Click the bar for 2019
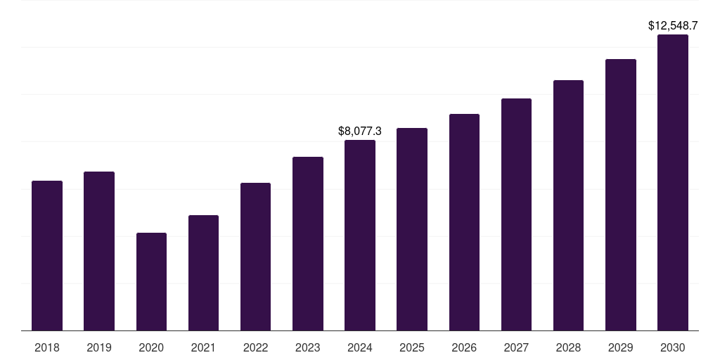coord(99,251)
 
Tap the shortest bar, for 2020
coord(151,281)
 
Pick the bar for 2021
coord(203,273)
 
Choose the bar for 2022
coord(255,257)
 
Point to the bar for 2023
coord(308,243)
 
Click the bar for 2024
coord(360,235)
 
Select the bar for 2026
coord(464,222)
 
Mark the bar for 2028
coord(568,205)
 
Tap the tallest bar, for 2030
coord(673,182)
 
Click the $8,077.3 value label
coord(360,131)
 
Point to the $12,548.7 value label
coord(673,25)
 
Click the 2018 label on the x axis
coord(47,347)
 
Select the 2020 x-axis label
coord(151,347)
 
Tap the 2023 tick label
coord(308,347)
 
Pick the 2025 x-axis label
coord(412,347)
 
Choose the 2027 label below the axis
coord(516,347)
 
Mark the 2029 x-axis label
coord(621,347)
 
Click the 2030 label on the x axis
coord(673,347)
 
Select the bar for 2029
coord(621,195)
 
